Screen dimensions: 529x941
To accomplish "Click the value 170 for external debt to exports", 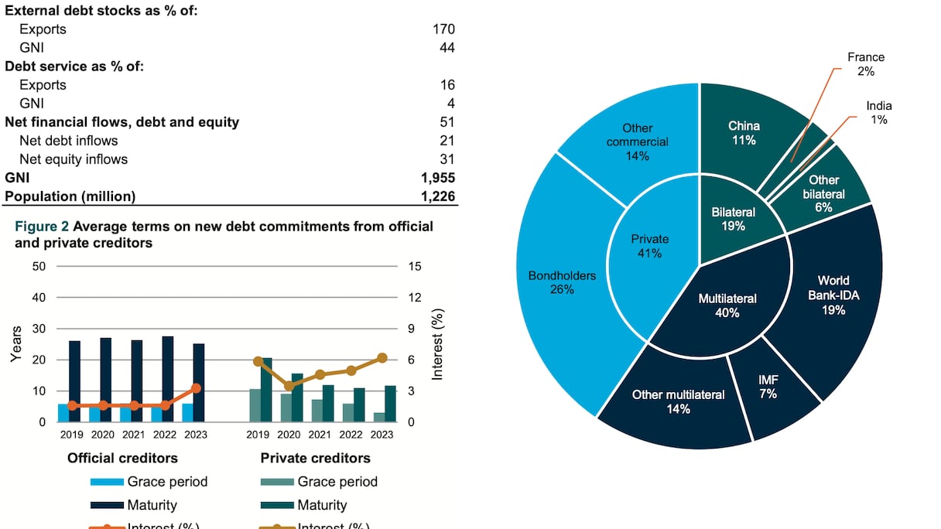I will [x=443, y=29].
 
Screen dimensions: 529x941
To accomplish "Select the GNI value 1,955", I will [x=436, y=178].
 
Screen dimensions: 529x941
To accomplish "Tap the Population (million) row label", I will [x=70, y=196].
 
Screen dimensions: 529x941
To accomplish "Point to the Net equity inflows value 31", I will [x=447, y=159].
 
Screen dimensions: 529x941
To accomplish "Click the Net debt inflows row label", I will [x=69, y=141].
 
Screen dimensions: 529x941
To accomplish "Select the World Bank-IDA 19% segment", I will [x=833, y=295].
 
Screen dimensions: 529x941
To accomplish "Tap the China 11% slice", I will [x=744, y=132].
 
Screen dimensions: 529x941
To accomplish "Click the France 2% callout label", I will [x=865, y=64].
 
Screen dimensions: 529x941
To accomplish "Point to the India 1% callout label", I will [x=878, y=113].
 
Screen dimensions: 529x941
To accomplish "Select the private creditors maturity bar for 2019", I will [x=266, y=390].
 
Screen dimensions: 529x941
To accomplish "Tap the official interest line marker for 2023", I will [x=196, y=388].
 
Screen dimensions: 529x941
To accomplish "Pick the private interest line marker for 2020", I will [x=289, y=386].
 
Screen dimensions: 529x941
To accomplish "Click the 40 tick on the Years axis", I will [x=39, y=298].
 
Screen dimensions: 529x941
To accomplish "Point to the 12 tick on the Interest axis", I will [x=413, y=298].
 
